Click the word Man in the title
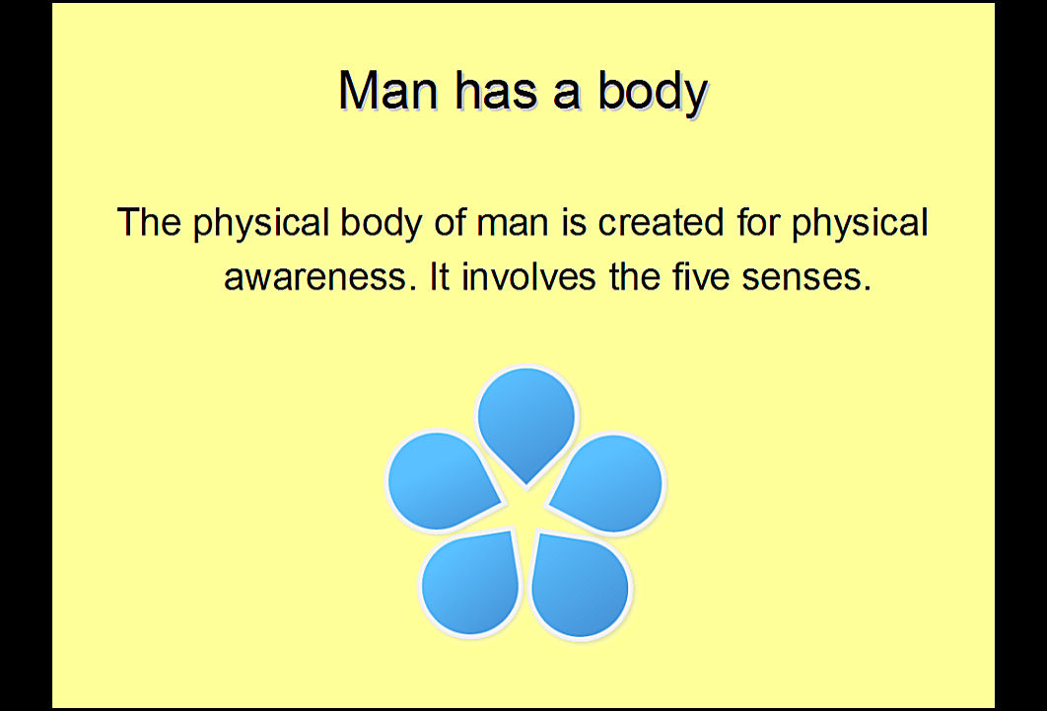388,90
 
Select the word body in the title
653,92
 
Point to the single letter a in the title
567,95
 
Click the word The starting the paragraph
149,222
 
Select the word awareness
314,277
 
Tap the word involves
528,276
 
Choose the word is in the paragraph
574,222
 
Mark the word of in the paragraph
450,222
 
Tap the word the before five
634,276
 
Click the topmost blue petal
526,421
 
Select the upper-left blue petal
441,480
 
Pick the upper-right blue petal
610,482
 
